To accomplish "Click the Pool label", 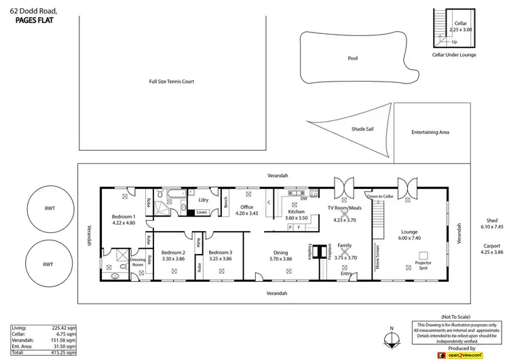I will (x=352, y=58).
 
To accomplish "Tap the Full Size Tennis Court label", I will (x=172, y=82).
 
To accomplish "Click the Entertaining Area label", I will (x=430, y=132).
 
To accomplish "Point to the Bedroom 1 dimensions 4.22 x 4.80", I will (x=124, y=223).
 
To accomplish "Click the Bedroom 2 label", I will (x=174, y=252).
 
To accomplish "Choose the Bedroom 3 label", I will (x=221, y=252).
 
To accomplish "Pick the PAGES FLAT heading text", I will (x=34, y=20).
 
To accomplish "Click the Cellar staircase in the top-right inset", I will (x=442, y=27).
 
